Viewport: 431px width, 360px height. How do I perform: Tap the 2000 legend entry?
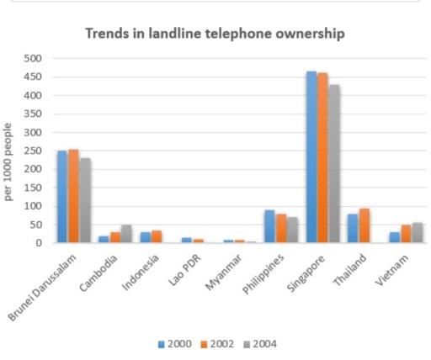(175, 344)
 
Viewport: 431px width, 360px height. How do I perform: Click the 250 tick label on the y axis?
(35, 151)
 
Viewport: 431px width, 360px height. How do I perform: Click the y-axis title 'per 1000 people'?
(9, 162)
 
